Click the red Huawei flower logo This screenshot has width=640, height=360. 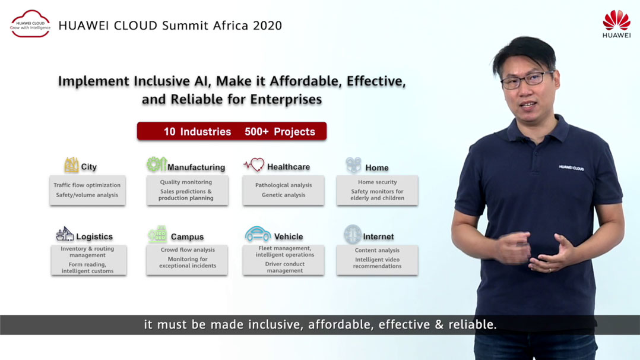point(616,20)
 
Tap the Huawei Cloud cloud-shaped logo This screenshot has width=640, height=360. point(31,24)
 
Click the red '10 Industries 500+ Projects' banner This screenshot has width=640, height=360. point(232,131)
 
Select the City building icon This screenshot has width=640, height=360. point(71,165)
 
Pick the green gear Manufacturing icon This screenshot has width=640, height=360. point(156,165)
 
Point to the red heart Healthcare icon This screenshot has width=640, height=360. point(254,165)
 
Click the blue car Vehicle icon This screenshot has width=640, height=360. point(258,233)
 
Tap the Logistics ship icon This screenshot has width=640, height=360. point(65,234)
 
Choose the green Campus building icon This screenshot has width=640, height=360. point(157,234)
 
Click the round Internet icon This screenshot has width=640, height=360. point(353,235)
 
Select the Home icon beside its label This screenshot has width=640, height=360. point(353,165)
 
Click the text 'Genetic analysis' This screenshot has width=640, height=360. point(283,195)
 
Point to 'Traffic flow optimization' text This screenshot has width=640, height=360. point(87,185)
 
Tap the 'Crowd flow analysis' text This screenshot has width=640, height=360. point(188,250)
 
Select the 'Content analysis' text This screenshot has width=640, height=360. point(377,250)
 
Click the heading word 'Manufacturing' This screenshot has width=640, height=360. point(196,167)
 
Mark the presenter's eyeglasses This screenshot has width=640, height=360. point(527,79)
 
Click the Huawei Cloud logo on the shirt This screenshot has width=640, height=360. point(571,168)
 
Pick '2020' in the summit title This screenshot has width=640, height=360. point(267,26)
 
